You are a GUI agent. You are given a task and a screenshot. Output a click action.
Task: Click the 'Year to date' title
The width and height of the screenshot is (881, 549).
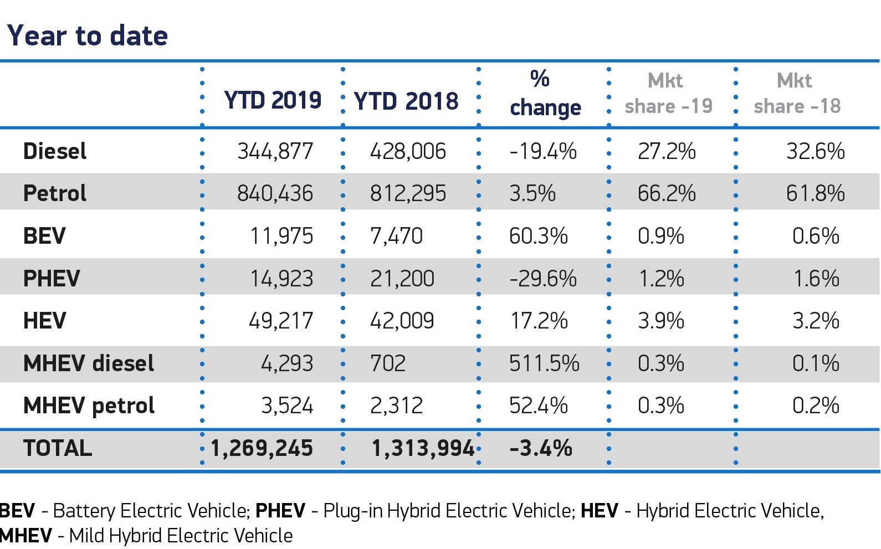tap(88, 36)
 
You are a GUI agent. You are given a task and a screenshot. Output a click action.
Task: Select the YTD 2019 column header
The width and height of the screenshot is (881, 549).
tap(273, 100)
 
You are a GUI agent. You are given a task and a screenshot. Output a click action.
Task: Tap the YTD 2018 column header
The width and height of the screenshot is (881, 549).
tap(406, 101)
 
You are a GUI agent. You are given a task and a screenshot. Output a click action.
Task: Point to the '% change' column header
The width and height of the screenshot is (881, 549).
tap(545, 94)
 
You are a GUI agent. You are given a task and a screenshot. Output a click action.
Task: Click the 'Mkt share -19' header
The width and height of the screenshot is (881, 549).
tap(668, 93)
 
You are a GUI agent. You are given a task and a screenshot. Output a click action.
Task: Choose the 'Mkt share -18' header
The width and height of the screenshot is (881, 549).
tap(797, 93)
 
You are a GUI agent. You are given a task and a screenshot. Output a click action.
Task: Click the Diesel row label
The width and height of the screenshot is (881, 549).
tap(55, 151)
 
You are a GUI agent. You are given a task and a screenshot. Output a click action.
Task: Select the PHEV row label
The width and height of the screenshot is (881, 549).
tap(52, 279)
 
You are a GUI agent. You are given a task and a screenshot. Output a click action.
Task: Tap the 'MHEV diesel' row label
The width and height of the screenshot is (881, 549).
tap(89, 363)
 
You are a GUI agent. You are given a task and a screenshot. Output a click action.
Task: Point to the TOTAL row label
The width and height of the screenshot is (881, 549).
tap(58, 448)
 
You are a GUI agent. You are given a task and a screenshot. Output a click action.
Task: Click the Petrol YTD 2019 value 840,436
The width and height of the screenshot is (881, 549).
tap(275, 193)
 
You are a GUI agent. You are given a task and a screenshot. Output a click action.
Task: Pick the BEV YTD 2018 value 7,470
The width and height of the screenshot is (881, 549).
tap(396, 236)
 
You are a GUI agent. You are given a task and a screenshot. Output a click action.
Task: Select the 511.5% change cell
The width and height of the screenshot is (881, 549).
tap(544, 363)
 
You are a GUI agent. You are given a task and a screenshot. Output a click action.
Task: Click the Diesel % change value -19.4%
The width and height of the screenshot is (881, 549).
tap(543, 151)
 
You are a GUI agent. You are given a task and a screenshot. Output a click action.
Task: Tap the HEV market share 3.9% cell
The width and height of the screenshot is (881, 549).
tap(660, 321)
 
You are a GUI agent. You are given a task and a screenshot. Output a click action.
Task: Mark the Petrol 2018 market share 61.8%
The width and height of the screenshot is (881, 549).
tap(815, 193)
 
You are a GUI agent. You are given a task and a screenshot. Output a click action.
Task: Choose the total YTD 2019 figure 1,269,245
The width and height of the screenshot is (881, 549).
tap(262, 448)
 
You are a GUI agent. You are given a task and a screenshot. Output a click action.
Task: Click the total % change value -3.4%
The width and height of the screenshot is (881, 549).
tap(540, 448)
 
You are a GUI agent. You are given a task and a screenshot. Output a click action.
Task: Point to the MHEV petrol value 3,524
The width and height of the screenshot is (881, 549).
tap(287, 406)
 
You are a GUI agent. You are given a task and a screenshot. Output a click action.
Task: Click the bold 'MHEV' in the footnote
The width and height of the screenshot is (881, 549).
tap(26, 536)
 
